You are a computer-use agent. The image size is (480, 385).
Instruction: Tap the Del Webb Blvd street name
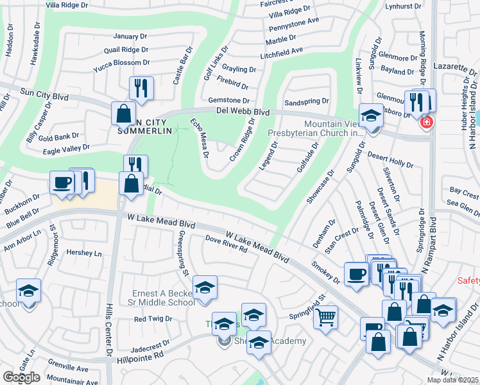click(243, 111)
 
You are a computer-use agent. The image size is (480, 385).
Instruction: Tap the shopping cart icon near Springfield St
click(326, 316)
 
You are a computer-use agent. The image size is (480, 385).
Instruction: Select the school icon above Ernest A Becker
click(205, 287)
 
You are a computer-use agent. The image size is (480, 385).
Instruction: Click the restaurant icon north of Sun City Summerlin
click(141, 89)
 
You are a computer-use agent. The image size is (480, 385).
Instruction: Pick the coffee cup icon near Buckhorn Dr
click(62, 182)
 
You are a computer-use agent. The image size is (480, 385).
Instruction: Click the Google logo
click(21, 377)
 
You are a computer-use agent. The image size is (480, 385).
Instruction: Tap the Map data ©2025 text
click(452, 380)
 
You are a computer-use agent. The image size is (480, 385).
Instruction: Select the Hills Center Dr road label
click(109, 330)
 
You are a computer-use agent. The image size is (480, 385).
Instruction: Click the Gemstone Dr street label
click(228, 100)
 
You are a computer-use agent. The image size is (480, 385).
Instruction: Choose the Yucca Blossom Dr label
click(121, 63)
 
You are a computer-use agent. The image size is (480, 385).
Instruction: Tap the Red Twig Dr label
click(150, 318)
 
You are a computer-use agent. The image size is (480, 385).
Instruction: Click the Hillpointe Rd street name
click(141, 354)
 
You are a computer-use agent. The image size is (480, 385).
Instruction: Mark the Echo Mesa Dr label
click(200, 137)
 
